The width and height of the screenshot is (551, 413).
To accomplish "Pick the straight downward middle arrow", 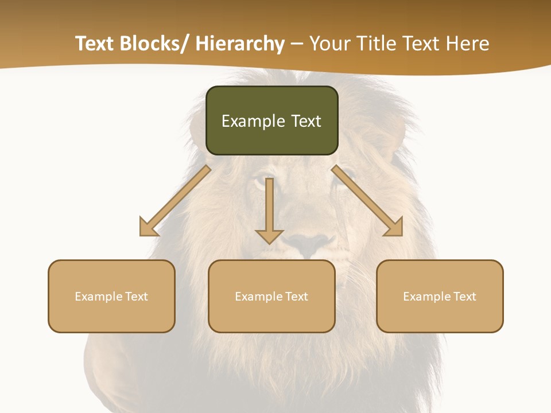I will [270, 209].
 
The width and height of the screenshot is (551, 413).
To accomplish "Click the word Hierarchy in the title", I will [240, 44].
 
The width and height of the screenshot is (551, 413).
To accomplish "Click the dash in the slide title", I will [297, 44].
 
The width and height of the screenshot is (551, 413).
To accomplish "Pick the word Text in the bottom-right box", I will [464, 297].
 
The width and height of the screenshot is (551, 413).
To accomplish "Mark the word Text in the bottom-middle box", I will [296, 297].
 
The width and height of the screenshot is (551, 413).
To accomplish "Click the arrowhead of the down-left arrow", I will [148, 228].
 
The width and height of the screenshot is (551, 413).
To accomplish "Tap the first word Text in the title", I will [96, 44].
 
